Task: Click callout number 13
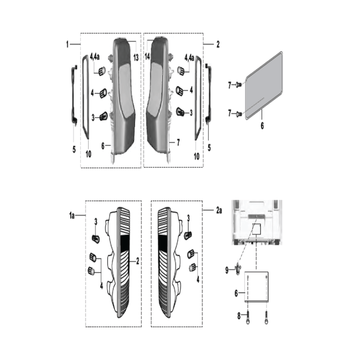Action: click(136, 57)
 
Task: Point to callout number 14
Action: click(147, 56)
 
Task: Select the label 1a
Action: click(72, 216)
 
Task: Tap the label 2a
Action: click(218, 211)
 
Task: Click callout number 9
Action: click(227, 270)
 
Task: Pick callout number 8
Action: click(239, 316)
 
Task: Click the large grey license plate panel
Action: click(264, 85)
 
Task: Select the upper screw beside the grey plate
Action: click(239, 85)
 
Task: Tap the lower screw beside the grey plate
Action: click(239, 113)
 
